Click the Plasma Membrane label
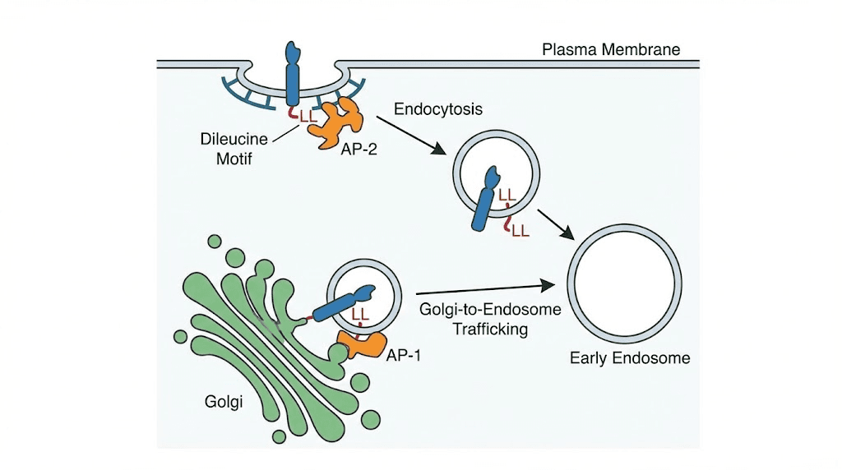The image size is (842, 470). (611, 49)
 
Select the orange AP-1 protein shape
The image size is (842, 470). (363, 344)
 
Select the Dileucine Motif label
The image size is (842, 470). (227, 148)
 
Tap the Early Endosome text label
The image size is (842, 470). (630, 358)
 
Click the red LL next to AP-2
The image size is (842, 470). (308, 116)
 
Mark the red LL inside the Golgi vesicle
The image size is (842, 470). (359, 315)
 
